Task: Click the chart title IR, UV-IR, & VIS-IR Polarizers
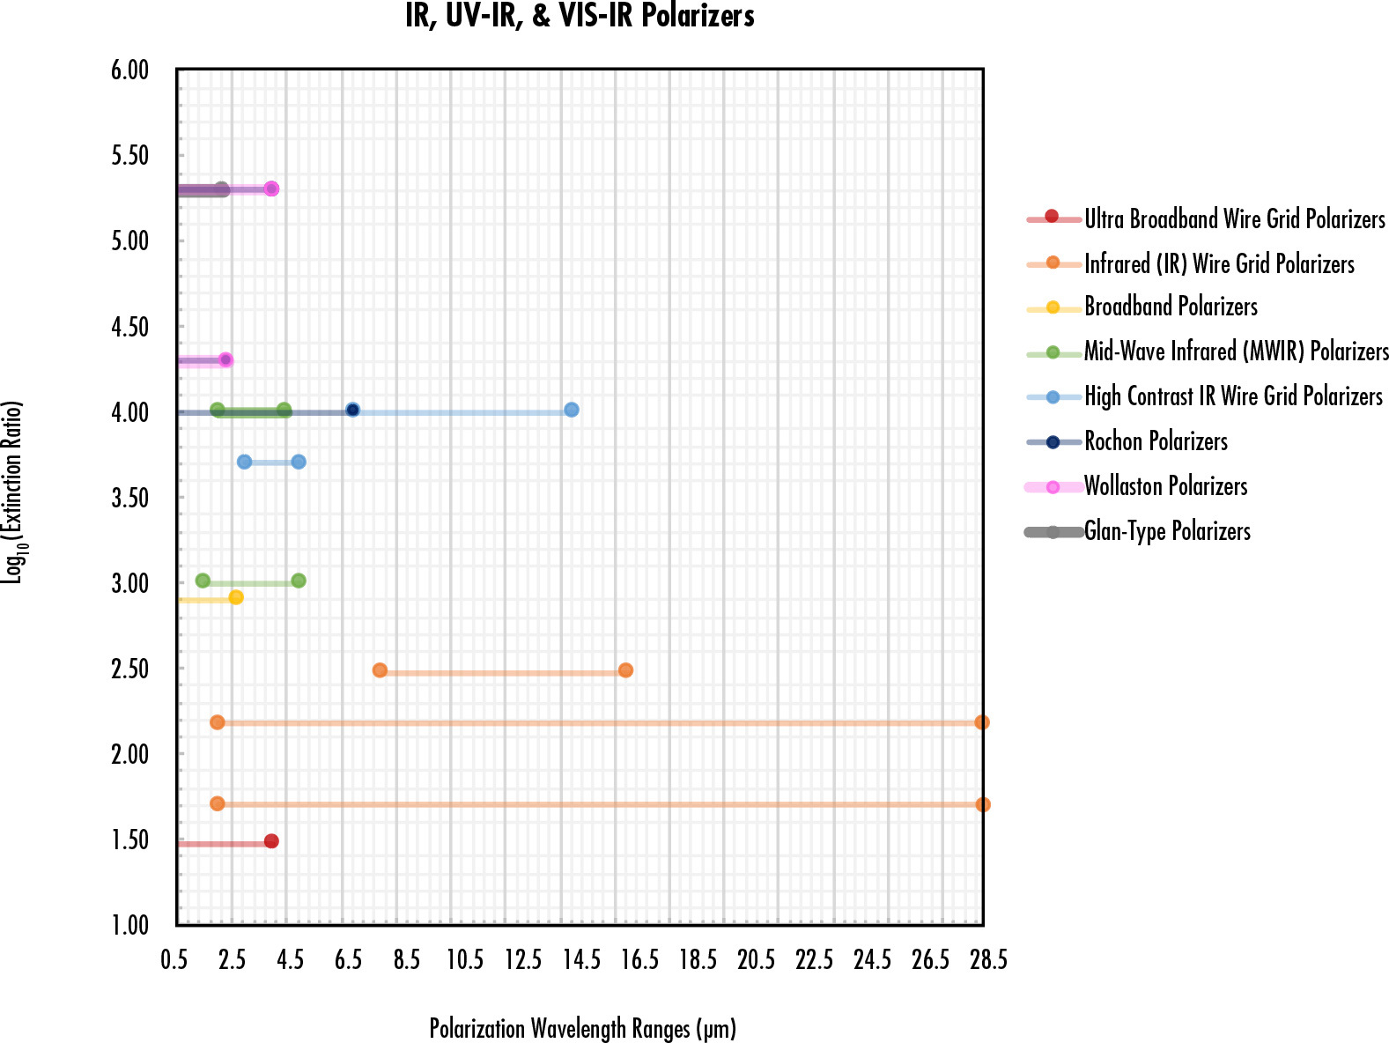tap(580, 17)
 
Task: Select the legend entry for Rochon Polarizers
tap(1156, 441)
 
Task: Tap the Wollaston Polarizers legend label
tap(1165, 486)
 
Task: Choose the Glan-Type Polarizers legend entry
tap(1167, 531)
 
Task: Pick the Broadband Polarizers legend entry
tap(1171, 307)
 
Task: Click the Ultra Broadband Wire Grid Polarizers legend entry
tap(1234, 218)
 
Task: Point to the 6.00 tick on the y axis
tap(130, 70)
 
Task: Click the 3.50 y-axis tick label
tap(130, 498)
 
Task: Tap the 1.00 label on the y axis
tap(130, 925)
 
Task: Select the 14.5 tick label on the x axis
tap(581, 959)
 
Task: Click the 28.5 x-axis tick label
tap(988, 959)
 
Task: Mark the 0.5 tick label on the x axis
tap(174, 959)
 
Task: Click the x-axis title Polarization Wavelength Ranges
tap(582, 1028)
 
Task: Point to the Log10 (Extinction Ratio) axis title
tap(13, 492)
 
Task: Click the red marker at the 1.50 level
tap(271, 841)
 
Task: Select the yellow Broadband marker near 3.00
tap(236, 597)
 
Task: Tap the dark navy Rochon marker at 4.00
tap(352, 410)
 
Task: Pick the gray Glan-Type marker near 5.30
tap(222, 189)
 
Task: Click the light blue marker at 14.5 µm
tap(572, 410)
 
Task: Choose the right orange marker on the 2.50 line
tap(625, 670)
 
